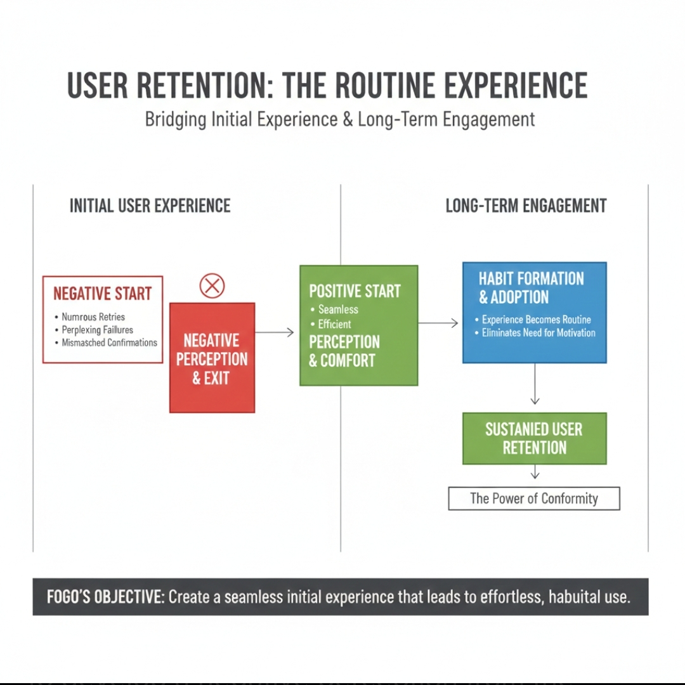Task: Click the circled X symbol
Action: tap(212, 287)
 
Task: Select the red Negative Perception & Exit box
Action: tap(212, 358)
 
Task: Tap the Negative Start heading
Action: tap(103, 294)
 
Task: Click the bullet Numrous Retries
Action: tap(93, 316)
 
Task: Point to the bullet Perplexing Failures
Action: tap(97, 330)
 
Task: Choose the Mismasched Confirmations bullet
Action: tap(109, 342)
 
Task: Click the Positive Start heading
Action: tap(355, 291)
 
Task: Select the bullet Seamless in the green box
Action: tap(338, 310)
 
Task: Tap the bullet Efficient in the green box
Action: tap(334, 324)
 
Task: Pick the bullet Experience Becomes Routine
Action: tap(536, 320)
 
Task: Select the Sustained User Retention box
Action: tap(534, 438)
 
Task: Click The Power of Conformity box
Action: tap(534, 499)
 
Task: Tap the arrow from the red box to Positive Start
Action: tap(275, 332)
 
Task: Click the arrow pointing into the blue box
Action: tap(438, 323)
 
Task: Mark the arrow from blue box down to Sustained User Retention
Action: tap(535, 384)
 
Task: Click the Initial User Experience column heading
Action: tap(150, 205)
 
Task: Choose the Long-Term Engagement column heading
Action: tap(526, 205)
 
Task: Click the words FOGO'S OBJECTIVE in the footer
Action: tap(105, 597)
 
